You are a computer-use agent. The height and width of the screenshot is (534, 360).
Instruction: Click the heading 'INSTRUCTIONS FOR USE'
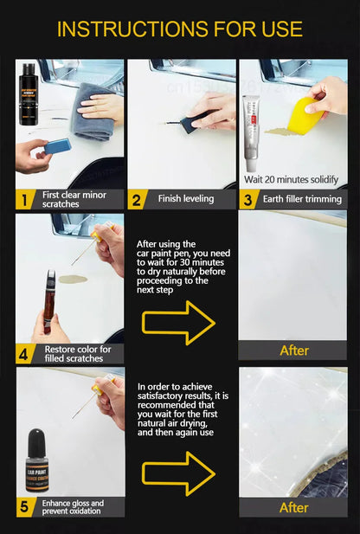[x=179, y=29]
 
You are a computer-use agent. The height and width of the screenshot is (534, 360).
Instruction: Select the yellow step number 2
[x=137, y=199]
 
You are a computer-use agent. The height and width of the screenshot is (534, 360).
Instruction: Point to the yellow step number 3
[x=247, y=199]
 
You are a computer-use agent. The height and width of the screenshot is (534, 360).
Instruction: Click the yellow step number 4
[x=25, y=353]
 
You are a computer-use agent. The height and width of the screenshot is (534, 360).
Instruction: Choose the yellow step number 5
[x=25, y=507]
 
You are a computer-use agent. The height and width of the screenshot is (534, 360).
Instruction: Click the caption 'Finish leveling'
[x=185, y=199]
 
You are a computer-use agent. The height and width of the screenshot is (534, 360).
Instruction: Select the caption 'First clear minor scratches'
[x=73, y=199]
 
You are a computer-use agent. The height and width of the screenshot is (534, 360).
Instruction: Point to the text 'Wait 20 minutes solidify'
[x=291, y=180]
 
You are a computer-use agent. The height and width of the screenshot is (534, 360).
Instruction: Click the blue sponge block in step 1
[x=57, y=146]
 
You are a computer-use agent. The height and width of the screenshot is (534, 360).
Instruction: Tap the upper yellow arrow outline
[x=178, y=323]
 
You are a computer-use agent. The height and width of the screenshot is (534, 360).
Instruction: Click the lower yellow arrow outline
[x=178, y=473]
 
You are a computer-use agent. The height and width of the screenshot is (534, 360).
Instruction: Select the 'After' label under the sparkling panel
[x=293, y=507]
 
